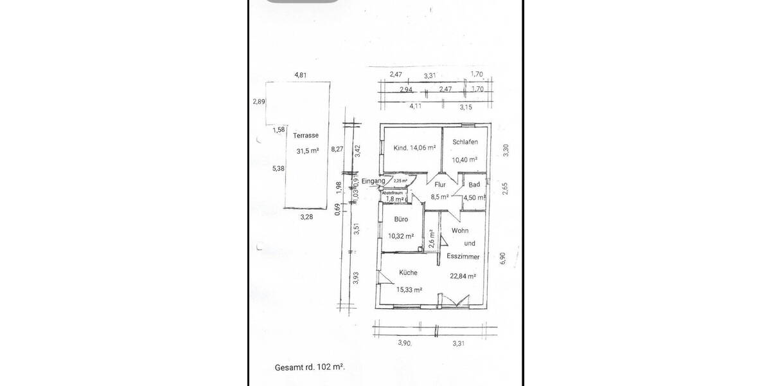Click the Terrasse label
[306, 136]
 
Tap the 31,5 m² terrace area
[308, 152]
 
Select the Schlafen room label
[465, 142]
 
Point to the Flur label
[440, 185]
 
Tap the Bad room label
[474, 185]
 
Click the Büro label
[402, 219]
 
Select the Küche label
[409, 272]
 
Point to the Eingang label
[373, 181]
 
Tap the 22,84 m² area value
[463, 277]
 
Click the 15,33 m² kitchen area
[409, 290]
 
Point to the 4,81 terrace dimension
[301, 75]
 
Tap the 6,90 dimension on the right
[503, 257]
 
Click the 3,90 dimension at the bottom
[404, 343]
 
